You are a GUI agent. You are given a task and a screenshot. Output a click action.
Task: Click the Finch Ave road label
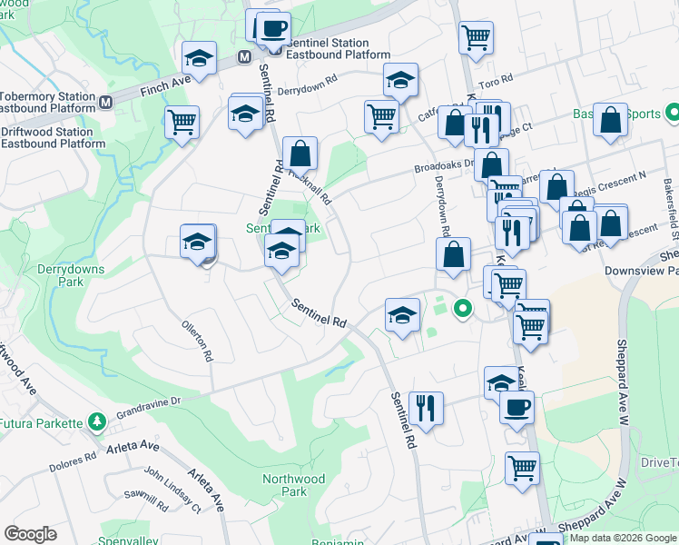click(x=166, y=88)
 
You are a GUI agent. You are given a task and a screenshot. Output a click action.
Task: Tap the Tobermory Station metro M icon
click(x=105, y=102)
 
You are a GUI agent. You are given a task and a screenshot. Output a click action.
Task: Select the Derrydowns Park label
click(x=71, y=275)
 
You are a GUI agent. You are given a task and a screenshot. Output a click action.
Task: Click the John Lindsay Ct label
click(x=172, y=490)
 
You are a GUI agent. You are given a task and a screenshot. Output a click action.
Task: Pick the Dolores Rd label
click(x=74, y=458)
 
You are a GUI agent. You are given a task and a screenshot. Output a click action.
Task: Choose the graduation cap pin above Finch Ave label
click(x=199, y=59)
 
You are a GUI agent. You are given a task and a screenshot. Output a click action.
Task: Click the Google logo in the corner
click(x=30, y=534)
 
